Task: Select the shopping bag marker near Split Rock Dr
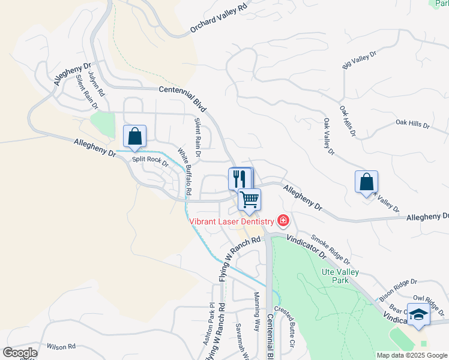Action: (135, 136)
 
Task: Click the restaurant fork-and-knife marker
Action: (239, 178)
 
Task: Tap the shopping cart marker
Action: (249, 199)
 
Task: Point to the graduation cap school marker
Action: (418, 314)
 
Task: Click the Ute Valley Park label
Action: (340, 276)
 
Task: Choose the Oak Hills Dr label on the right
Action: (413, 125)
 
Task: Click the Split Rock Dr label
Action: (150, 161)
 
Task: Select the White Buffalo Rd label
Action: (184, 172)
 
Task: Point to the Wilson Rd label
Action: (61, 346)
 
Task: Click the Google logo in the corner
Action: (19, 353)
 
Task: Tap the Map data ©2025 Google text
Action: (411, 355)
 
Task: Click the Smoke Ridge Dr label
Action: (330, 250)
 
